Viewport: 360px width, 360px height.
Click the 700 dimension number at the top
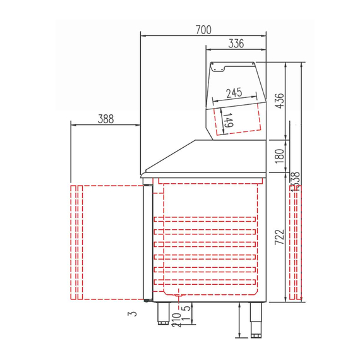[x=203, y=29]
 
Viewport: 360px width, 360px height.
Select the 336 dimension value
[x=236, y=44]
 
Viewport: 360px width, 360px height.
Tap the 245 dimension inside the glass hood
[x=234, y=93]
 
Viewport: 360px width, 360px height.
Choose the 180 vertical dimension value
[x=280, y=155]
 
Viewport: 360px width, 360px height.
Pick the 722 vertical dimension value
[x=280, y=236]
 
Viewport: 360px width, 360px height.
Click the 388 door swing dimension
[x=105, y=119]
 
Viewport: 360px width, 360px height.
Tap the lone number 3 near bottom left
[x=129, y=314]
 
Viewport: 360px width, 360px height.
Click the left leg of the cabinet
[x=163, y=313]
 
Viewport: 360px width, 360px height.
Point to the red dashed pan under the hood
[x=238, y=120]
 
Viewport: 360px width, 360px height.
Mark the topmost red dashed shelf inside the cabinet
[x=206, y=220]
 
